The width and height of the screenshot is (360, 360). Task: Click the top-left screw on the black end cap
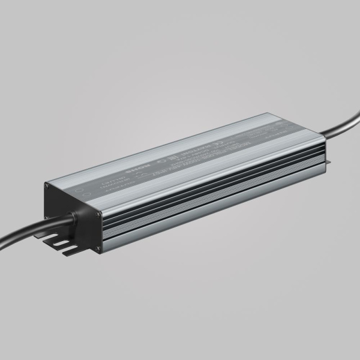pyautogui.click(x=46, y=187)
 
